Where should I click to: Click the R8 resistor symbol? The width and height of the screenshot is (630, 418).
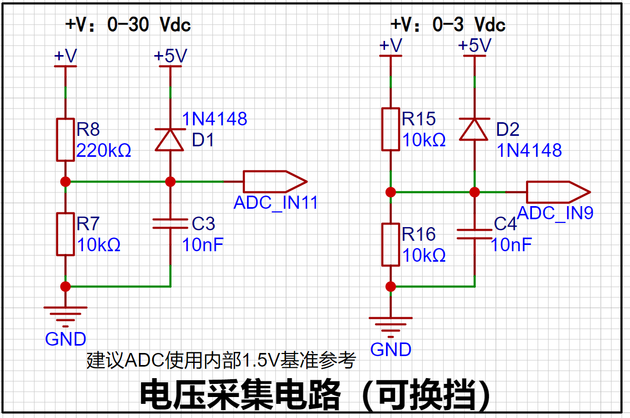(x=66, y=140)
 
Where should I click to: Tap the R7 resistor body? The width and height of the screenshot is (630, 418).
(x=66, y=234)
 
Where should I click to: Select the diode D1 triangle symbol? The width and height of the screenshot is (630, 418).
(x=170, y=140)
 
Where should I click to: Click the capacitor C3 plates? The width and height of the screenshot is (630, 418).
(x=170, y=224)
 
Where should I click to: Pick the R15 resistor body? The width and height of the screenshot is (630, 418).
(x=390, y=129)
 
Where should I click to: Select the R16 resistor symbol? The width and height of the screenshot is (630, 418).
(x=390, y=244)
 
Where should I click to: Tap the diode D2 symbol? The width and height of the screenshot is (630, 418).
(x=474, y=129)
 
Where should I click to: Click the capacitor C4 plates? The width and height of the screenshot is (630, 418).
(x=474, y=234)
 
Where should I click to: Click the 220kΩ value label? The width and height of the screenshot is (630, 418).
(x=103, y=151)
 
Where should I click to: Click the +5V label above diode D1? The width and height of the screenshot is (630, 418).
(x=170, y=56)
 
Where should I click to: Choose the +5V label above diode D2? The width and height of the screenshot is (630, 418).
(x=474, y=46)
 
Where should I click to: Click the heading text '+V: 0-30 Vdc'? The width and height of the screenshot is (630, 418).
(x=127, y=25)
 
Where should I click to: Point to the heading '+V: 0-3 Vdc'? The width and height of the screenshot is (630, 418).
(x=447, y=25)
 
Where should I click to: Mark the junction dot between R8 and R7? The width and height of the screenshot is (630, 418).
(x=66, y=181)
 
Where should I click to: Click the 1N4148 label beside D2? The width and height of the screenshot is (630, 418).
(x=529, y=151)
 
